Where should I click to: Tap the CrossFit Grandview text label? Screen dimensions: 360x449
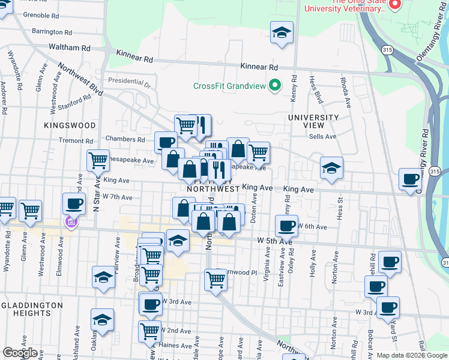tap(229, 86)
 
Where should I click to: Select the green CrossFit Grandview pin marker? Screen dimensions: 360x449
tap(275, 85)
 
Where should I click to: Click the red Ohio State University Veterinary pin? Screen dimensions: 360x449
tap(395, 5)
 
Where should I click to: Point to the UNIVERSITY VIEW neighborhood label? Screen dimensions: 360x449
tap(313, 121)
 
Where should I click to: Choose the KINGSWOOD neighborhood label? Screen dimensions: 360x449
tap(70, 125)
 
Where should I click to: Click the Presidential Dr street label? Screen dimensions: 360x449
tap(130, 80)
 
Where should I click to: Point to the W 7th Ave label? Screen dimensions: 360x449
tap(118, 197)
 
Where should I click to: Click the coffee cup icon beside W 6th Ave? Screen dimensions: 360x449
tap(286, 226)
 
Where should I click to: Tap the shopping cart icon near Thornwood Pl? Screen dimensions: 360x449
tap(215, 279)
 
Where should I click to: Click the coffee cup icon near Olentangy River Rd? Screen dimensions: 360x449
tap(411, 179)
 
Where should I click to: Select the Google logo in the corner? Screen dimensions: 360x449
tap(20, 353)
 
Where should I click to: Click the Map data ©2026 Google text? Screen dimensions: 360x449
tap(412, 355)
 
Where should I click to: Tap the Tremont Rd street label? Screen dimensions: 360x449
tap(76, 140)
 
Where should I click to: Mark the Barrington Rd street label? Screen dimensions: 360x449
tap(52, 32)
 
